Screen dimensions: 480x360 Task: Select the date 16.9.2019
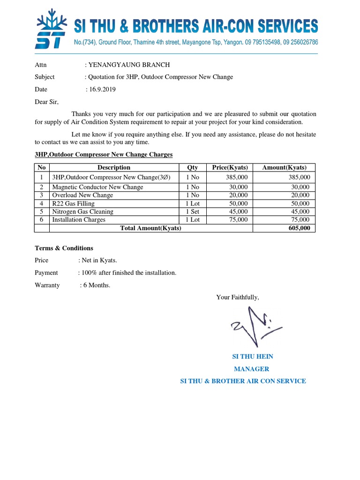click(102, 89)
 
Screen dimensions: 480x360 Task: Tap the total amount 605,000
click(299, 228)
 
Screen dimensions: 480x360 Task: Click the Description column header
click(114, 167)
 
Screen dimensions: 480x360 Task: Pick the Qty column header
click(192, 167)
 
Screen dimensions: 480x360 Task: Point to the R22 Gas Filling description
click(73, 203)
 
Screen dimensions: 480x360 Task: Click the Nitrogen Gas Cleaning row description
click(82, 211)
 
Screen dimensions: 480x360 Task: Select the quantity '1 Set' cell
click(192, 211)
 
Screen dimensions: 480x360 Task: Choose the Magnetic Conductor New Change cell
click(97, 187)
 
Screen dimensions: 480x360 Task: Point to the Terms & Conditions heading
click(64, 248)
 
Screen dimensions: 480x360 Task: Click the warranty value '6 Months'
click(96, 285)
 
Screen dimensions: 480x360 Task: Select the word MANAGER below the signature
click(251, 369)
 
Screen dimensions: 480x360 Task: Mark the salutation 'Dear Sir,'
click(47, 101)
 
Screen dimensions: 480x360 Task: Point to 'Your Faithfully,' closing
click(237, 297)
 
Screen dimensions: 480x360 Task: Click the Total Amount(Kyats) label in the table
click(150, 228)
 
